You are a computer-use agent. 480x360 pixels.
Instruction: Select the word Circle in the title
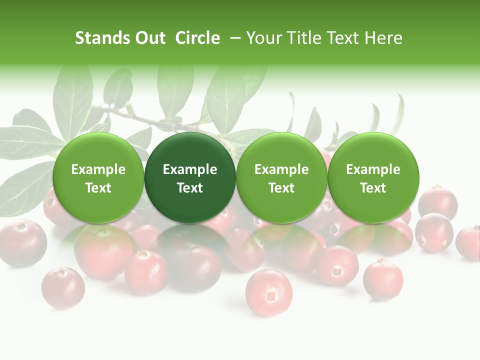(x=197, y=38)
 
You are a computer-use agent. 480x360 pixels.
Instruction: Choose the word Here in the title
(x=383, y=38)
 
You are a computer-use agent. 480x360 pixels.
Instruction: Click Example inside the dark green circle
(x=190, y=169)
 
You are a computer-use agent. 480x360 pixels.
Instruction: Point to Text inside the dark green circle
(x=190, y=188)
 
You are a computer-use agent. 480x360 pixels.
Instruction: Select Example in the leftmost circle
(x=98, y=169)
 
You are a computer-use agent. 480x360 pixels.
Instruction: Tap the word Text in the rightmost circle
(x=373, y=188)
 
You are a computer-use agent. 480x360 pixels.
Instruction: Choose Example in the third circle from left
(x=281, y=169)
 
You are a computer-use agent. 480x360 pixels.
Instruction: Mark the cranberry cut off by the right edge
(x=469, y=242)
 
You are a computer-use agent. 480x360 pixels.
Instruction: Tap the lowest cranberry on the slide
(x=269, y=292)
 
